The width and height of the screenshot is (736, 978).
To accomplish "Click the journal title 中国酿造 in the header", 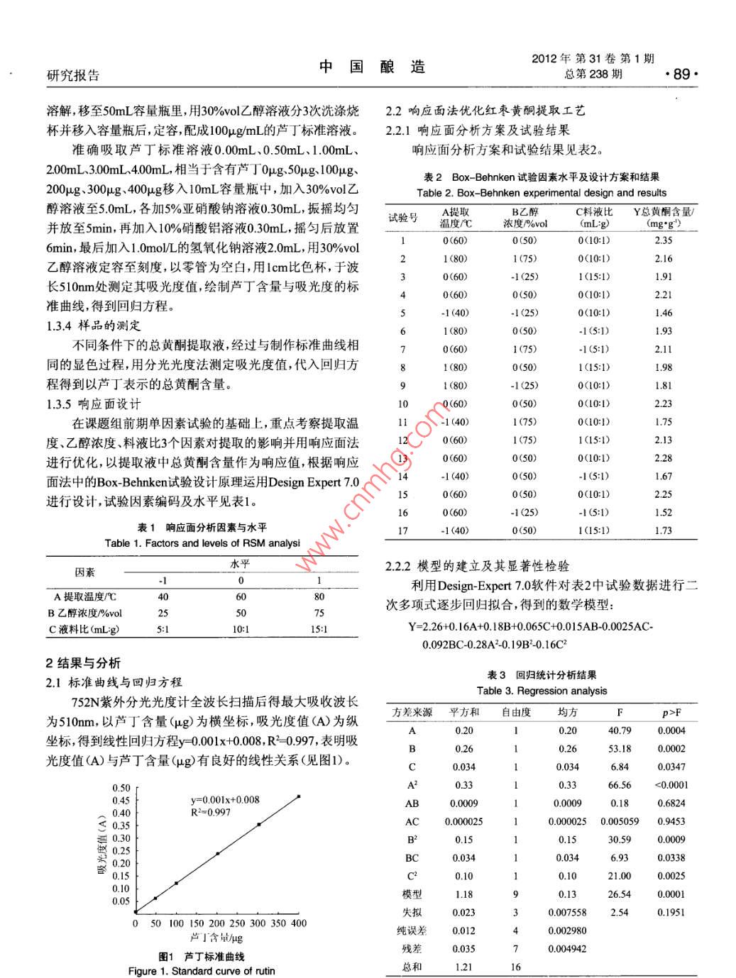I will click(372, 67).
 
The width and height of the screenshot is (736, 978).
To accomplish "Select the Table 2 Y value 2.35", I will click(664, 240).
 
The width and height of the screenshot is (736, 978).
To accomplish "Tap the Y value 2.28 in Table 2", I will click(664, 458).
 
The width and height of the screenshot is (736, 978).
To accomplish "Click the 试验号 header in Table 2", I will click(402, 218).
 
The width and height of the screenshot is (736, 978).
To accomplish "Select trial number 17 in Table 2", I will click(402, 530).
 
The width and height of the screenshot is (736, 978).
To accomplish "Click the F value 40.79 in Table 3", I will click(620, 730).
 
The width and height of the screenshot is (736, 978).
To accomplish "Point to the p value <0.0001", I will click(671, 785).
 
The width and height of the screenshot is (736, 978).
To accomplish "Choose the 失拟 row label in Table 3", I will click(412, 912).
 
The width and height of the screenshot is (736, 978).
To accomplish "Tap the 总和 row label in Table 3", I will click(412, 967).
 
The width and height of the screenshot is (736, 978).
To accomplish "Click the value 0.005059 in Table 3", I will click(620, 821).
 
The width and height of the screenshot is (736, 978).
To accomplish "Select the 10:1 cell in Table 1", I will click(241, 629).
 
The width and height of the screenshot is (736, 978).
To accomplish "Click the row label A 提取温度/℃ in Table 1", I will click(85, 597).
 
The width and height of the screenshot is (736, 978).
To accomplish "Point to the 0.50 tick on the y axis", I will click(121, 788).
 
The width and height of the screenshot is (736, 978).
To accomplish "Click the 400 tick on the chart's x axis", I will click(299, 923).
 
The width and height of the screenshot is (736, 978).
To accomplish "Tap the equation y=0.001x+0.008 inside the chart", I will click(225, 799).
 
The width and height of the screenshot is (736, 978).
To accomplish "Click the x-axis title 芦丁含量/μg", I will click(216, 938).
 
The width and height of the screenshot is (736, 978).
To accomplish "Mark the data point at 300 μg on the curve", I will click(258, 824).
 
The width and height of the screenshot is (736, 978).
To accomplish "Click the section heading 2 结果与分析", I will click(84, 663).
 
